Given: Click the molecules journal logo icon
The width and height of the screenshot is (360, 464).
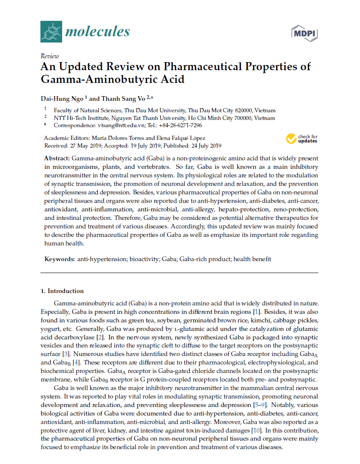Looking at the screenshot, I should coord(51,32).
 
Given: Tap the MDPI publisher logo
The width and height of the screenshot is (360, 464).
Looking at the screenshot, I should coord(305,33).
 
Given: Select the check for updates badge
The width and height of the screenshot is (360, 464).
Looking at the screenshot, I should coord(302,139).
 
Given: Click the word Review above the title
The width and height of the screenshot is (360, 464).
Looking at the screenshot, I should coord(49,56).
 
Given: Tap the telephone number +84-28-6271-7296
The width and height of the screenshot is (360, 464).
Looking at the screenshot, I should coord(180,125).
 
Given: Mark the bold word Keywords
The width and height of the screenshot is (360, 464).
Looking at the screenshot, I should coord(60,259).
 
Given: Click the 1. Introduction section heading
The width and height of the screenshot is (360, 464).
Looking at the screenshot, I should coord(62,291).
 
